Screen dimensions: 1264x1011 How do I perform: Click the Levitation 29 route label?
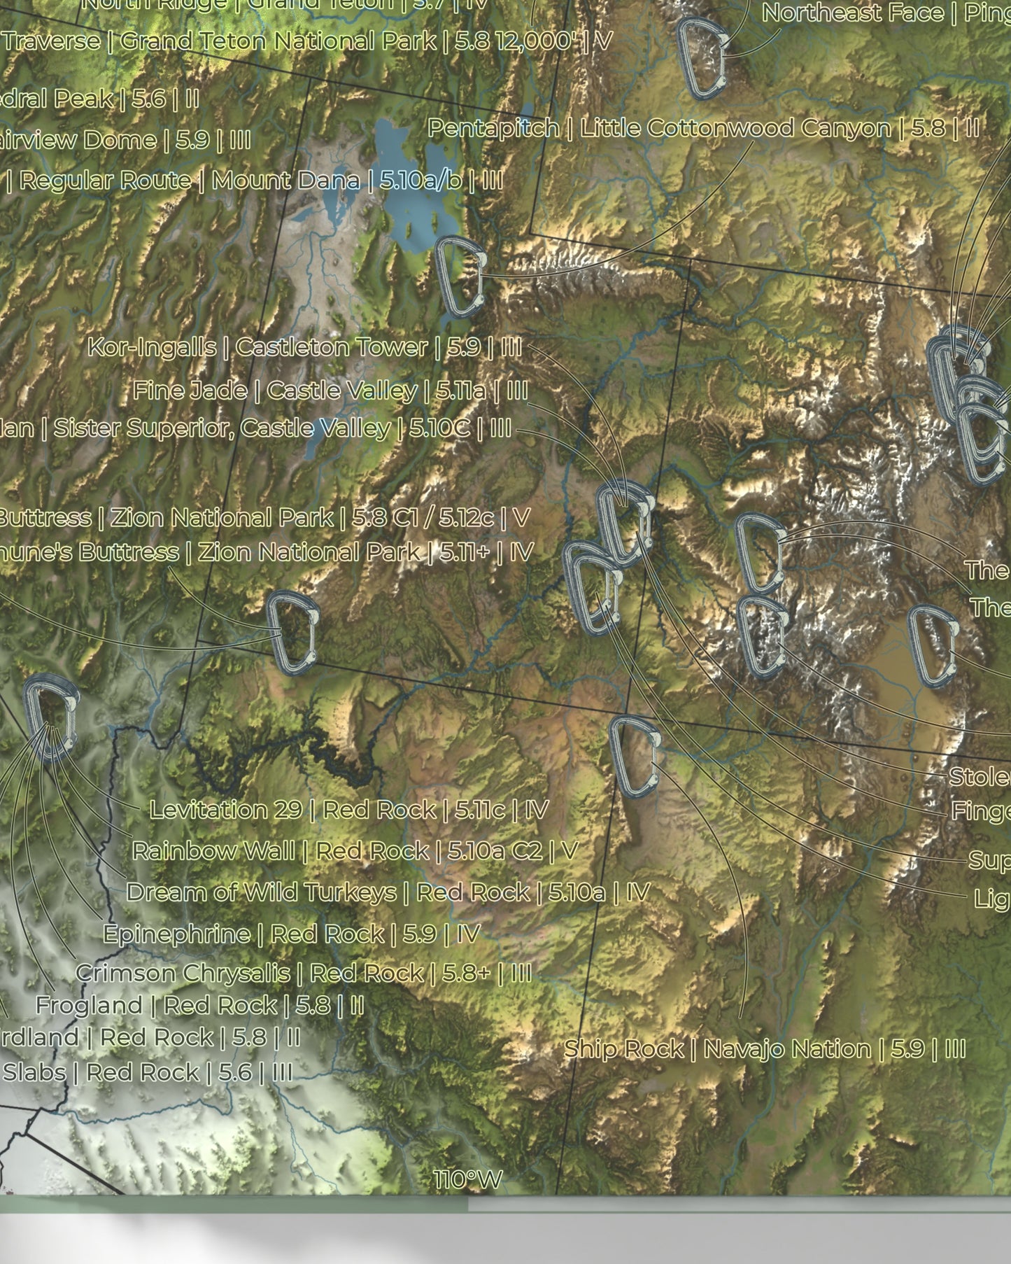pos(348,810)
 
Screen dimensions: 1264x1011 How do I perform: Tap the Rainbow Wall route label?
pos(354,851)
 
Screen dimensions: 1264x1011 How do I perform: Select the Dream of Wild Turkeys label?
pos(388,892)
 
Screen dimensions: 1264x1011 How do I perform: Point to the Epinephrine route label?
pos(291,934)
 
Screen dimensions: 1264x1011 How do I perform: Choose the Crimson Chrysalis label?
pos(303,973)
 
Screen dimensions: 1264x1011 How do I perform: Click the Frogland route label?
pos(199,1006)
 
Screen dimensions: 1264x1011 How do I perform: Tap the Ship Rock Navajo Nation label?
pos(764,1048)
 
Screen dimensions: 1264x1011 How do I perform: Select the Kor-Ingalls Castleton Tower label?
pos(304,347)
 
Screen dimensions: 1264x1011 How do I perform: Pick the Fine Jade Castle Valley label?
pos(330,390)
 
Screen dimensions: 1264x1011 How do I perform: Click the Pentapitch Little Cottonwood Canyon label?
pos(702,128)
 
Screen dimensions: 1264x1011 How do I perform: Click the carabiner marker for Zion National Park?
pos(292,633)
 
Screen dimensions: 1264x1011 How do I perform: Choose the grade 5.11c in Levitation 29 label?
pos(479,810)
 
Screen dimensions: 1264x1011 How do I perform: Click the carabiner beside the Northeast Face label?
pos(702,58)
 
